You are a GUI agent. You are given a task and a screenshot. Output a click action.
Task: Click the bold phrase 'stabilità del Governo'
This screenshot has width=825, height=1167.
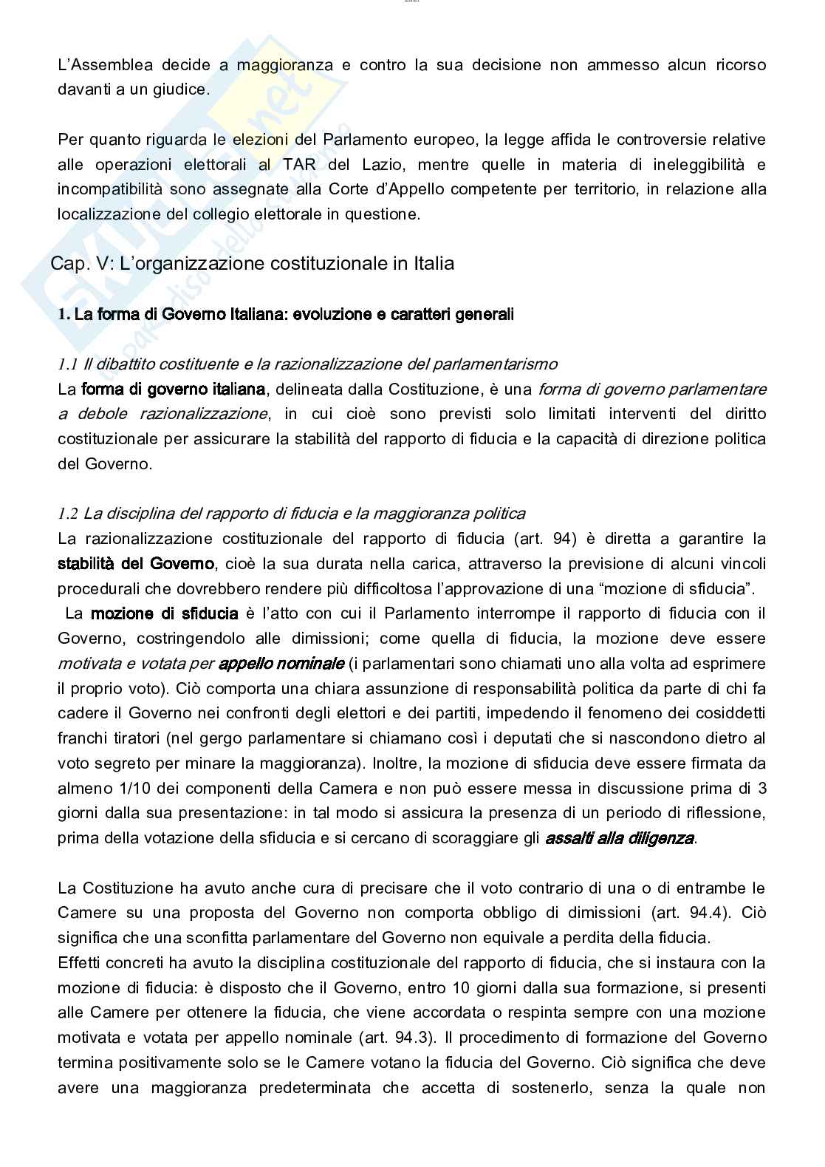(136, 565)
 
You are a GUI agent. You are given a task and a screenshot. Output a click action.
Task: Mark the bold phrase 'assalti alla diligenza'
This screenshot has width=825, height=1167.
(620, 838)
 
